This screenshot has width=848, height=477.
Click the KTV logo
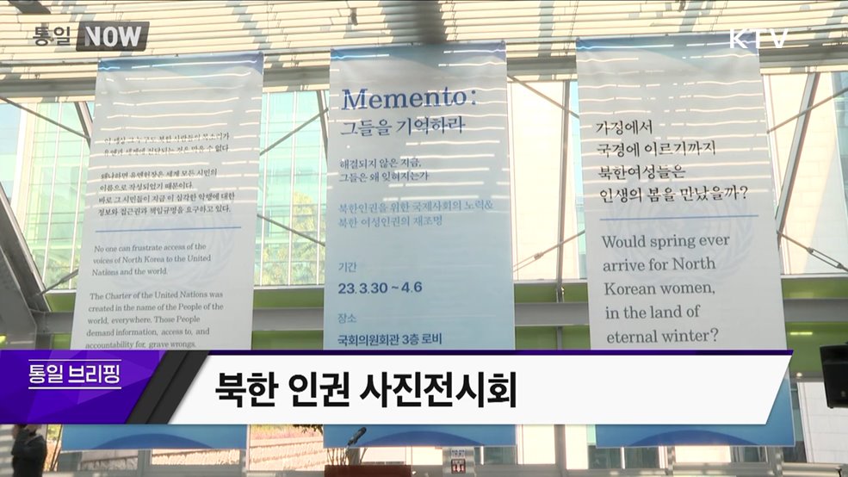(x=758, y=39)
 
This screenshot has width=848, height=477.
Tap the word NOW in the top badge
(x=113, y=36)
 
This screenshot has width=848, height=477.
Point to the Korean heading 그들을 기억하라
(x=401, y=127)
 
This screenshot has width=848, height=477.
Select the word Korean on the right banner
(x=632, y=288)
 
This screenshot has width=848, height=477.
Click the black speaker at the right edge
(x=833, y=375)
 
